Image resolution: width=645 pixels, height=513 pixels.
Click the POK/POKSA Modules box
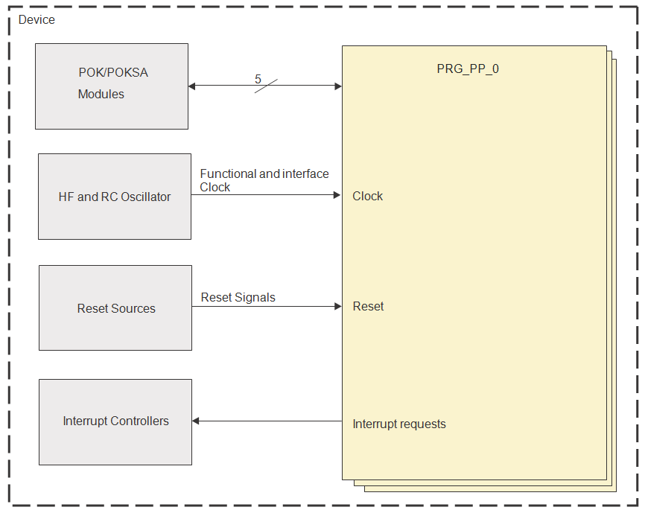click(x=112, y=86)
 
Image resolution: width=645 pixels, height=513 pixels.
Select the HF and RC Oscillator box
click(x=114, y=197)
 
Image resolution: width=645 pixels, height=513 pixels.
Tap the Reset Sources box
click(x=115, y=308)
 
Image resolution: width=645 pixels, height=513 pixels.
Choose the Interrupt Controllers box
click(x=115, y=421)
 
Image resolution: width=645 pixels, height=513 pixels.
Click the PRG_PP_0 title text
click(x=467, y=69)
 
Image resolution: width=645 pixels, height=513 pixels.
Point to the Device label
click(x=36, y=19)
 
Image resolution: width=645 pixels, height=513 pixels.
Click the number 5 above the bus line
click(x=258, y=79)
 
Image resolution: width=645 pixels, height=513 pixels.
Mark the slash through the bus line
click(x=266, y=86)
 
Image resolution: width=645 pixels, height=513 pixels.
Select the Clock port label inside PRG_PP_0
click(x=368, y=196)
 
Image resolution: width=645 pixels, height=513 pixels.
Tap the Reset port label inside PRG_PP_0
click(x=368, y=306)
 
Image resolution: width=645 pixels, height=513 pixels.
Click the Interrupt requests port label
click(x=399, y=424)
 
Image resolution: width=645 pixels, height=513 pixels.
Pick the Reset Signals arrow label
click(x=238, y=297)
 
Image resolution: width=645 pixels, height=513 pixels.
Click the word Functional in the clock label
click(x=228, y=173)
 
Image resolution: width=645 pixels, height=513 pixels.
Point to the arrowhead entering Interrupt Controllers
click(x=197, y=421)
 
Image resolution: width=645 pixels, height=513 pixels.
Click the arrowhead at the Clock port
click(x=337, y=195)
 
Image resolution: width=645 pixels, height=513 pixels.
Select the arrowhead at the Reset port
click(x=337, y=306)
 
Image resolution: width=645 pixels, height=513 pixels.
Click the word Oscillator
click(x=144, y=197)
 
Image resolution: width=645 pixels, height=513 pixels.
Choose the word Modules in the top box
click(x=101, y=94)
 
